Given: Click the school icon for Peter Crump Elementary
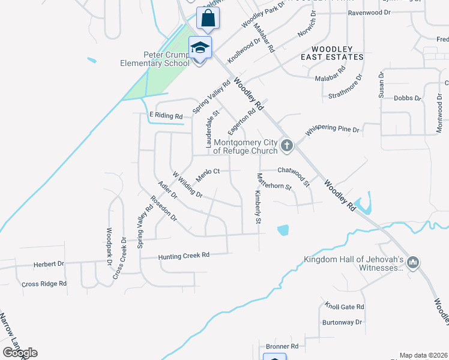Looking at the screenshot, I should point(200,47).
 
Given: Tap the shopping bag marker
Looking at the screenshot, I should point(208,18).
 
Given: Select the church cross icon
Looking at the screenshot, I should point(287,145).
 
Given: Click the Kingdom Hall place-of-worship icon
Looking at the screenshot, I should point(412,263).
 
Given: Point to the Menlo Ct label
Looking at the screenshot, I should point(208,172).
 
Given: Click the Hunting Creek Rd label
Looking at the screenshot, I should point(184,256).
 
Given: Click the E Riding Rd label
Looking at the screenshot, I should point(166,115).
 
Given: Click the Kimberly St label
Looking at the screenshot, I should point(257,208).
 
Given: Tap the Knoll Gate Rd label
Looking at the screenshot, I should point(344,306).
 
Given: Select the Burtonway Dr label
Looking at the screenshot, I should point(342,322).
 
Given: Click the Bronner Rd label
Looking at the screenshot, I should point(282,346).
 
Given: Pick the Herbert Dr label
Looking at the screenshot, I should point(49,264).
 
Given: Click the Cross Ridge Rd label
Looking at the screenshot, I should point(43,284).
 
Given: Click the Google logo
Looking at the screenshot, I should point(20,353).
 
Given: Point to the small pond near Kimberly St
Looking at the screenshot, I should point(283,229).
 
